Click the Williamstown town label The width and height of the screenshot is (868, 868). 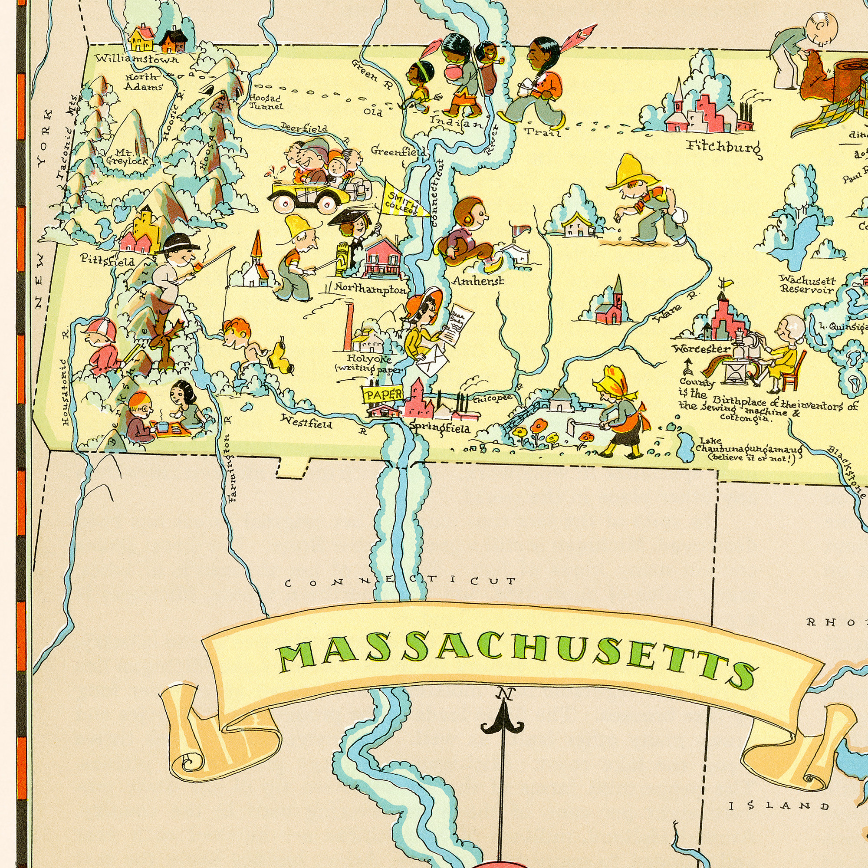click(136, 59)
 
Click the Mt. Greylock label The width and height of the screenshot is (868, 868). click(127, 157)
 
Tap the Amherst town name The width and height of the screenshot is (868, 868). click(478, 282)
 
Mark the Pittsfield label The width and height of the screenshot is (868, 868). click(107, 260)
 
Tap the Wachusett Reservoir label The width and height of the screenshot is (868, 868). click(807, 284)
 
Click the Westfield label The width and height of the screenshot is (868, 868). click(306, 421)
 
